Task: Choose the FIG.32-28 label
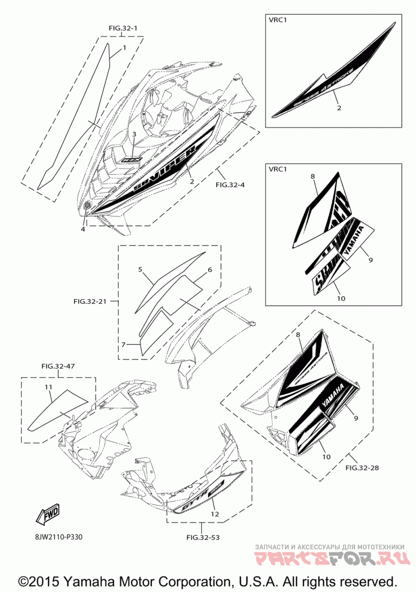click(362, 468)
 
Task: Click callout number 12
click(214, 514)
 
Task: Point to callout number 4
click(82, 229)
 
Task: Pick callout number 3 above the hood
click(134, 134)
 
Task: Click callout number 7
click(123, 344)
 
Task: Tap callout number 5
click(140, 269)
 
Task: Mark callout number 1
click(124, 48)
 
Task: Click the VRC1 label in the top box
click(278, 20)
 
